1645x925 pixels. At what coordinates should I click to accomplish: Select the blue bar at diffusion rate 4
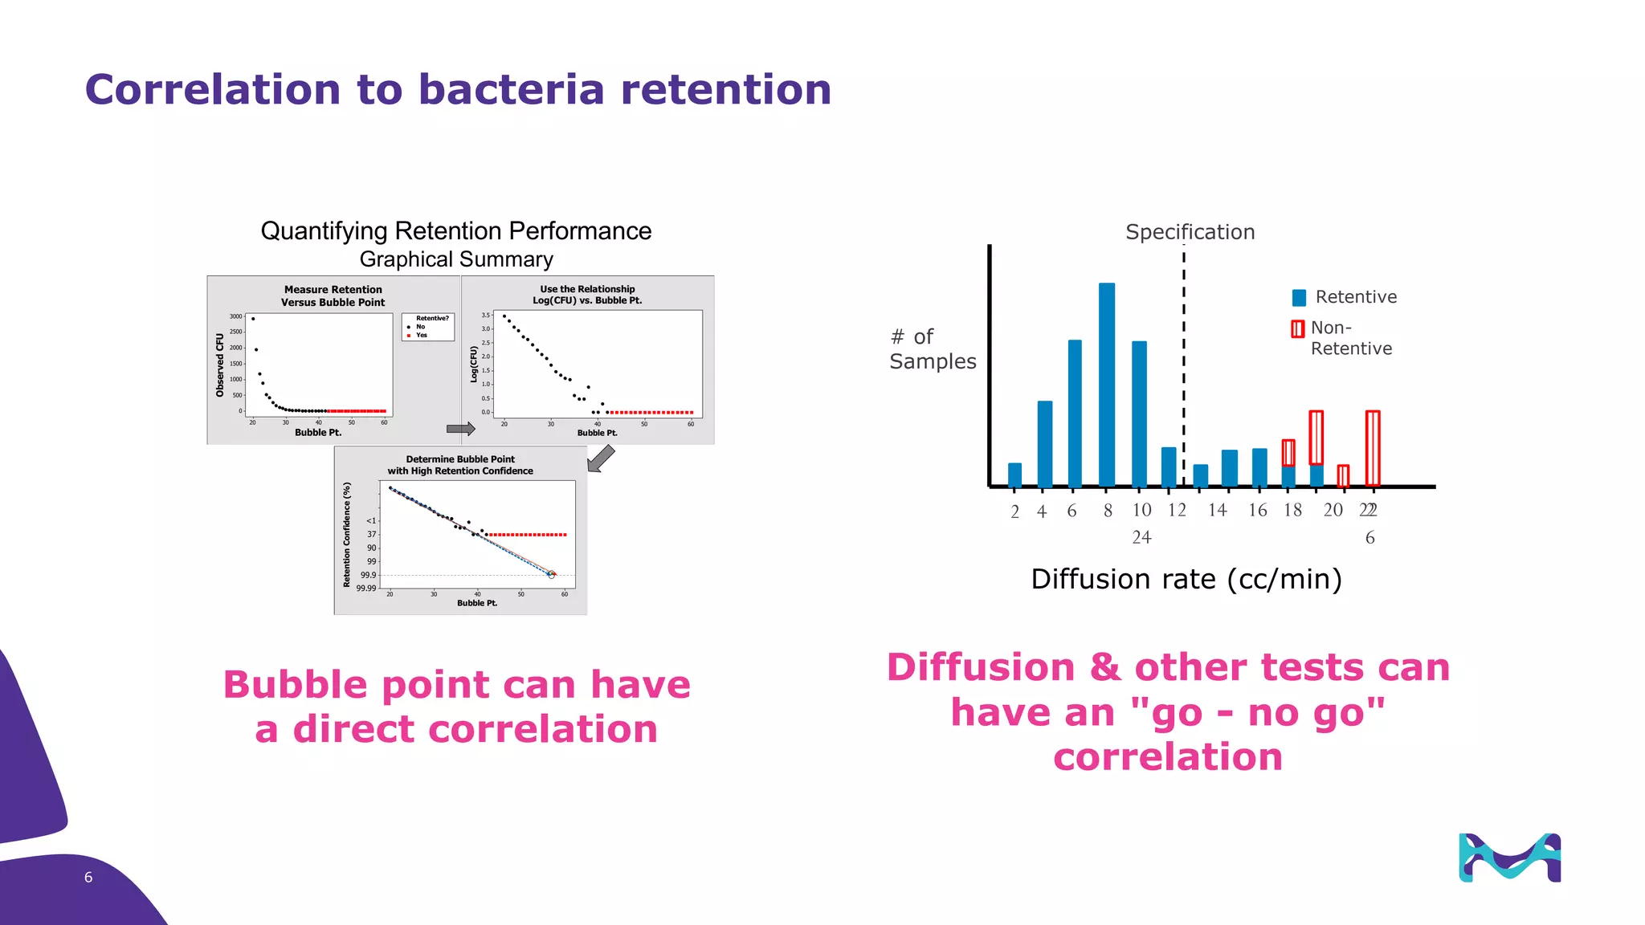point(1044,443)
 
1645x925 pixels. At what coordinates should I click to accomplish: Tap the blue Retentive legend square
point(1299,298)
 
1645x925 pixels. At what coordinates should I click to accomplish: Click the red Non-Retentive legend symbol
point(1297,328)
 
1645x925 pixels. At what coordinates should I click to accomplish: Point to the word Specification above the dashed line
point(1190,232)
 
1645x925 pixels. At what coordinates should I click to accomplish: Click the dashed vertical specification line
point(1184,361)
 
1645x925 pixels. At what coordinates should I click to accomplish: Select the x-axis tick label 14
point(1217,510)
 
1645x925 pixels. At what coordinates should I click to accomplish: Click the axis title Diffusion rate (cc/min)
point(1186,579)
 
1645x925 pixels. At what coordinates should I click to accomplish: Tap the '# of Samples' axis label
point(932,349)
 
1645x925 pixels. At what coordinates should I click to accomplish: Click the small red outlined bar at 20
point(1343,475)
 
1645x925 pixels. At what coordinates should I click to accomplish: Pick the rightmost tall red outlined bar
point(1373,447)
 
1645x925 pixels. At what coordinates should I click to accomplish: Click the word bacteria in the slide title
point(511,89)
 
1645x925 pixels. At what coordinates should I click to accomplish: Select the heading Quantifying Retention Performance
point(455,231)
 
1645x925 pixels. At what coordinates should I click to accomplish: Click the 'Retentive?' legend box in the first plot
point(428,327)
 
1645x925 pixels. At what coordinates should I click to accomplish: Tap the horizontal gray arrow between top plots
point(460,429)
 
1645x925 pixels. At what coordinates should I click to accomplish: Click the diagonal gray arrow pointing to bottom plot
point(600,458)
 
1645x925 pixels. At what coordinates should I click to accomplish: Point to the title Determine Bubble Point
point(459,459)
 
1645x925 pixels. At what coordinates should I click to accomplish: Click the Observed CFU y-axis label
point(219,365)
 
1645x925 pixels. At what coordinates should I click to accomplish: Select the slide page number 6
point(88,878)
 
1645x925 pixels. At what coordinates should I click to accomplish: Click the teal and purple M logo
point(1509,858)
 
